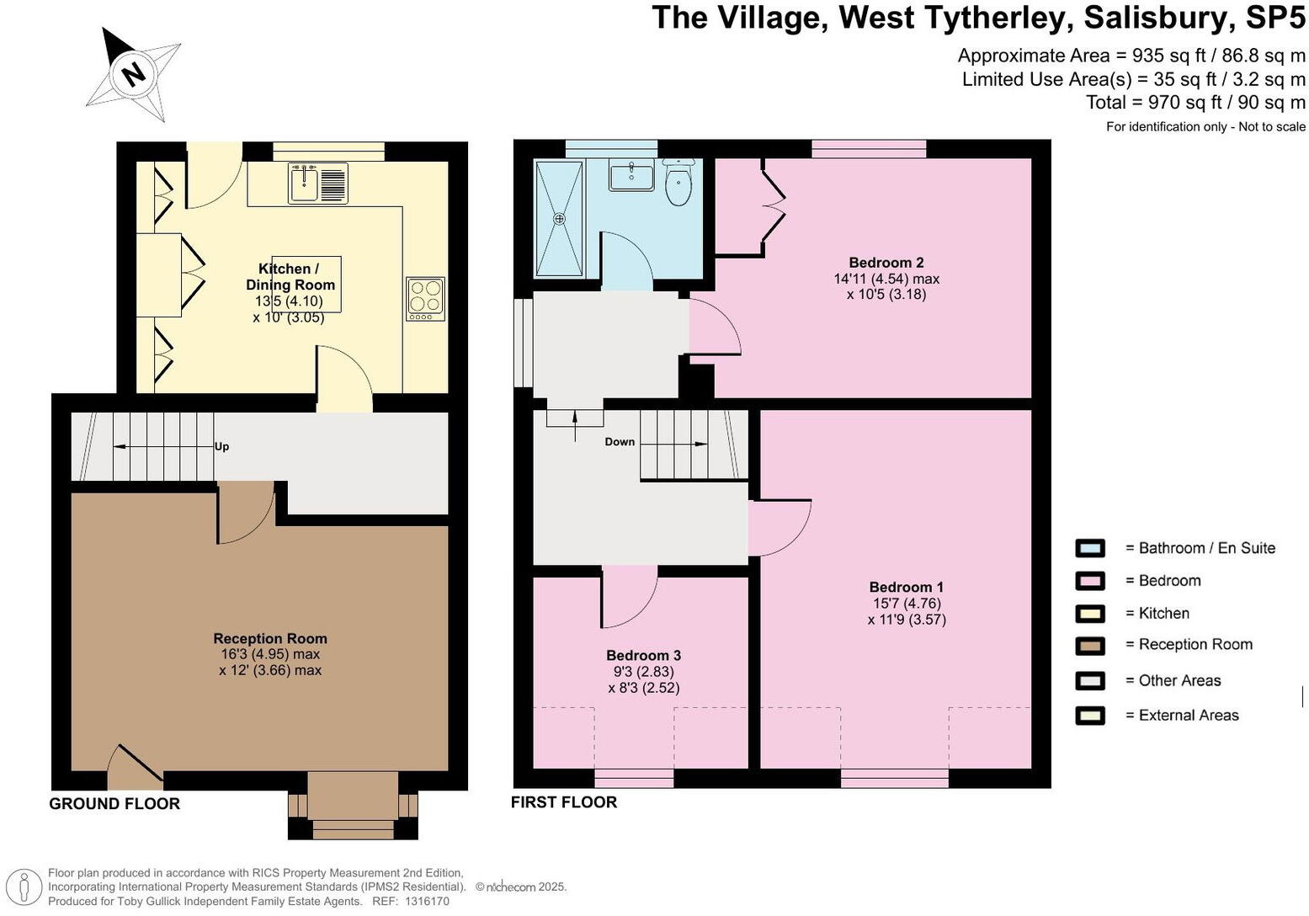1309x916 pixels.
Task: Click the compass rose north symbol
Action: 134,73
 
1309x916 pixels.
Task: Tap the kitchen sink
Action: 318,184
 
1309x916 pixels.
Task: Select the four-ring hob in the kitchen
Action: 425,299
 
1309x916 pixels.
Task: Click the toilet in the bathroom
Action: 678,182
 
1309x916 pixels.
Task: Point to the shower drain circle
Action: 559,219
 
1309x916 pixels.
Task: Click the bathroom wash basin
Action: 631,177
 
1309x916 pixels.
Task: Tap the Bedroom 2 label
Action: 886,263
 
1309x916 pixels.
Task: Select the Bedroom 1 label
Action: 907,587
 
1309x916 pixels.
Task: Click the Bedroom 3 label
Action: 643,655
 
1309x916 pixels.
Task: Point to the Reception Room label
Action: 270,638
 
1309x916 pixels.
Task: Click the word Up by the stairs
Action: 221,446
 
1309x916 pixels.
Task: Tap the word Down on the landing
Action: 620,442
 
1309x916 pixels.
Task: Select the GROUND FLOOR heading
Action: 114,804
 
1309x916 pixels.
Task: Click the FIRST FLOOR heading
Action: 564,802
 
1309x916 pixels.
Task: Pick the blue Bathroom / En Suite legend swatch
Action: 1090,548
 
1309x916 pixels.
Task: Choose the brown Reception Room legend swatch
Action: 1090,646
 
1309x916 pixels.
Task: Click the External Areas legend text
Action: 1189,715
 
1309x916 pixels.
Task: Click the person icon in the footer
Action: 24,887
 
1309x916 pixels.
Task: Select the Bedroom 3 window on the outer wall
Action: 634,779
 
